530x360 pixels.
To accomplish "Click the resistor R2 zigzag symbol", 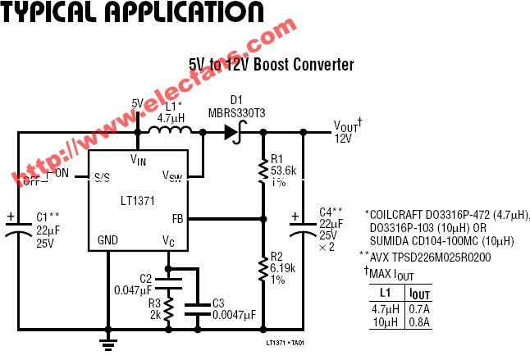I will point(262,268).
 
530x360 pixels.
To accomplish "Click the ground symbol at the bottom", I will point(106,339).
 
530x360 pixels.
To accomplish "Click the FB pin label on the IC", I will point(177,218).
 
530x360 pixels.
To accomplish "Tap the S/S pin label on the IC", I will point(103,176).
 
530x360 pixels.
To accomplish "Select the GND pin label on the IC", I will point(107,241).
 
